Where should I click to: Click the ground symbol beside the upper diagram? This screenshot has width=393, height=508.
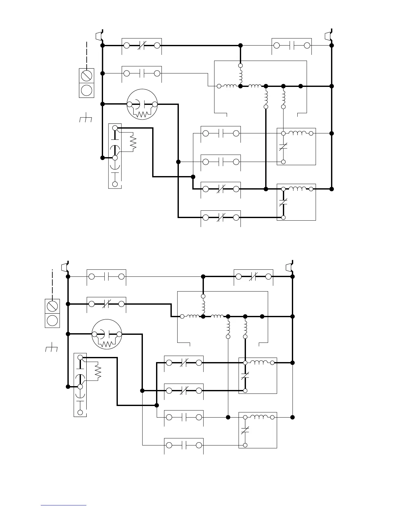pyautogui.click(x=85, y=120)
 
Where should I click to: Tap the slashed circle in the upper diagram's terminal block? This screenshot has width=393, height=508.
pyautogui.click(x=87, y=76)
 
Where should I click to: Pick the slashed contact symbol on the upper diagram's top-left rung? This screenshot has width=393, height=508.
pyautogui.click(x=142, y=46)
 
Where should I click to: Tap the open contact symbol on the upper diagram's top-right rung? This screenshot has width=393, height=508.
pyautogui.click(x=292, y=46)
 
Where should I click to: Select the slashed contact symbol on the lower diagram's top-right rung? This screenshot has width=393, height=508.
pyautogui.click(x=254, y=276)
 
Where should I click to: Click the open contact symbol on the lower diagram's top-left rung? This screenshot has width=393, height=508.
pyautogui.click(x=107, y=276)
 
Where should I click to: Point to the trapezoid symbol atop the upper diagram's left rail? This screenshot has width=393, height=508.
pyautogui.click(x=99, y=36)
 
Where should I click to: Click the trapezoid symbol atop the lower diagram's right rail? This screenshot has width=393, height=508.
pyautogui.click(x=289, y=267)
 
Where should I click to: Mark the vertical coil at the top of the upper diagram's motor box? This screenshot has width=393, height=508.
pyautogui.click(x=240, y=76)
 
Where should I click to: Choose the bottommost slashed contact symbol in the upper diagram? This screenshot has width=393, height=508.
pyautogui.click(x=221, y=218)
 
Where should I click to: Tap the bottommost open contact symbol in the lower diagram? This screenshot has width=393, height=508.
pyautogui.click(x=184, y=445)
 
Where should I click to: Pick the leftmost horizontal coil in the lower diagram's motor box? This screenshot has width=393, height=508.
pyautogui.click(x=193, y=316)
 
